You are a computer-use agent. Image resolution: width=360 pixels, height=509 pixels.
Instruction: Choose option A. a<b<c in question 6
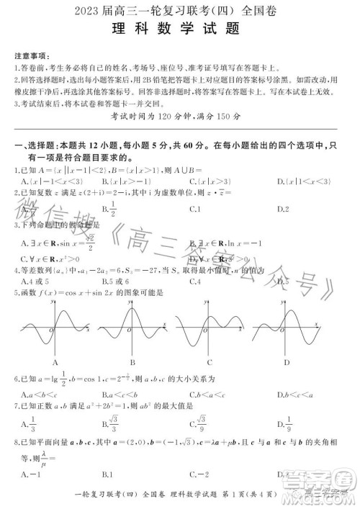tap(36, 395)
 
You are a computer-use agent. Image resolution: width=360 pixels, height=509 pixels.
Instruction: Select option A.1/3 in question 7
tap(31, 425)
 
